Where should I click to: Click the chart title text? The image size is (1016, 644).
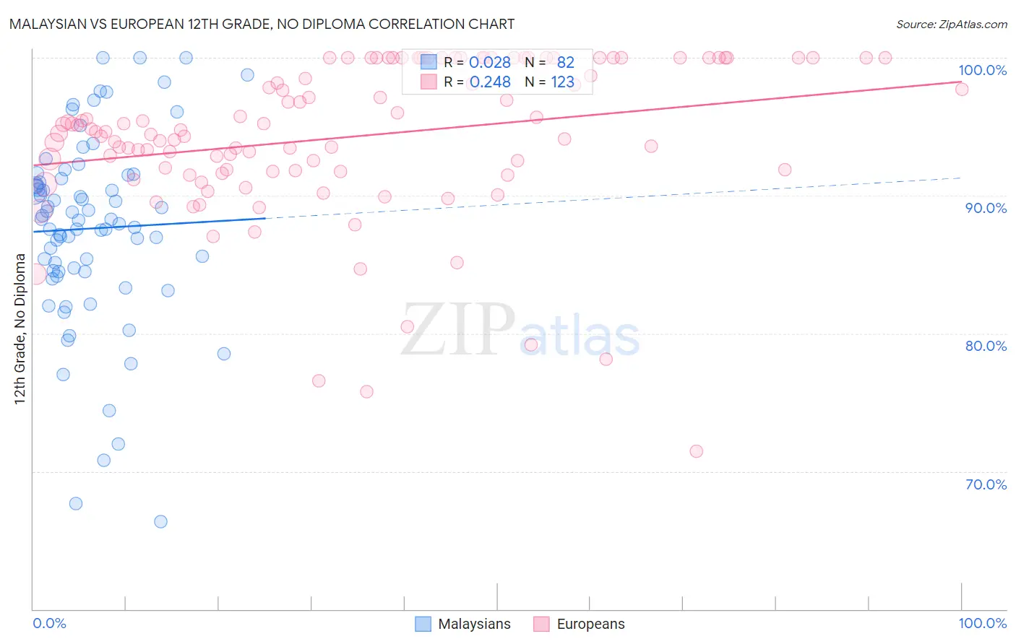(x=262, y=24)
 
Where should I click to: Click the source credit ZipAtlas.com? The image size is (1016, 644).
(x=951, y=24)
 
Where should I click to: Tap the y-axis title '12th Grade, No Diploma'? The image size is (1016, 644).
(x=20, y=328)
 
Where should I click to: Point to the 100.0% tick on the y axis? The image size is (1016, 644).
(x=982, y=70)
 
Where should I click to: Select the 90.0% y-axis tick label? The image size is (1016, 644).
(x=986, y=208)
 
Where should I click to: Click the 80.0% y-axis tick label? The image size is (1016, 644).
(x=986, y=346)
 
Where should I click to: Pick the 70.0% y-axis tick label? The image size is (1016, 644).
(x=986, y=484)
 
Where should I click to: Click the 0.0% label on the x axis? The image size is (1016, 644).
(x=49, y=623)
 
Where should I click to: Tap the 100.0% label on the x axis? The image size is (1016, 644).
(x=982, y=623)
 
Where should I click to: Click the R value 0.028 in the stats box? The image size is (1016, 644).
(x=490, y=63)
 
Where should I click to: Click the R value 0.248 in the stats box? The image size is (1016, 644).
(x=490, y=82)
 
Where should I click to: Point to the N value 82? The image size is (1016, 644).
(x=565, y=63)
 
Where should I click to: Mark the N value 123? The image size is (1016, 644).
(x=562, y=82)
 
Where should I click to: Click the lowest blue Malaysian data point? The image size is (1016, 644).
(x=160, y=521)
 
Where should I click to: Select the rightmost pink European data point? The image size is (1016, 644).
(x=961, y=89)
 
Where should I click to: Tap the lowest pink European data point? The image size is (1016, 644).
(x=696, y=451)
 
